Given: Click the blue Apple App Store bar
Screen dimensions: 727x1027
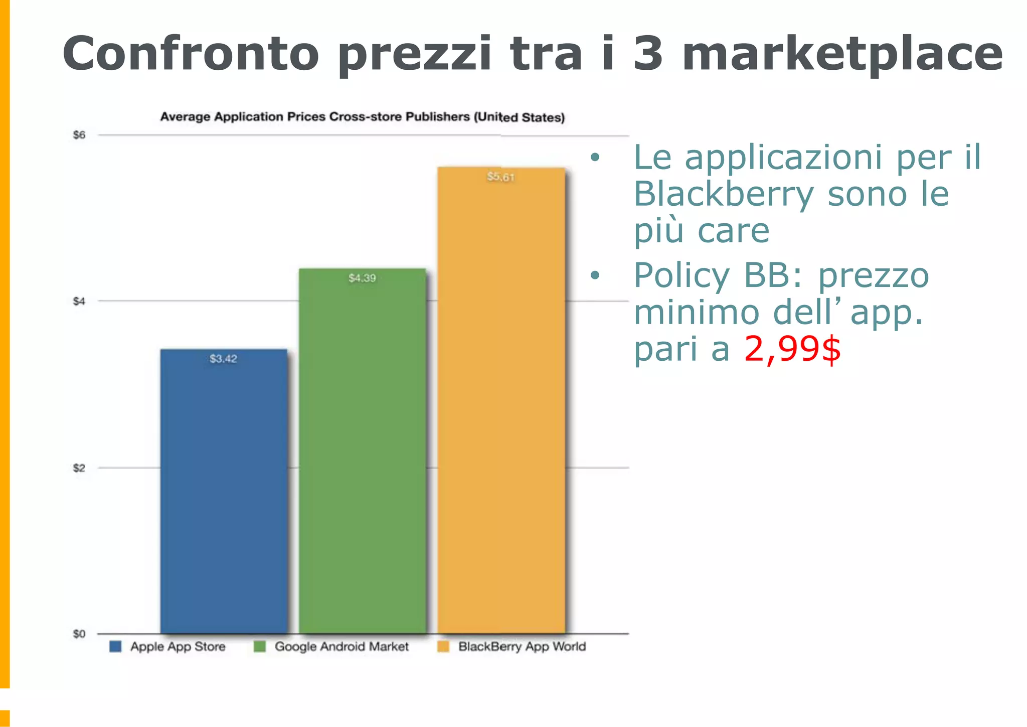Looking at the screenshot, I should click(x=224, y=492).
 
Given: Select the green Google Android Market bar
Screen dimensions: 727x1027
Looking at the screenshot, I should click(x=362, y=452).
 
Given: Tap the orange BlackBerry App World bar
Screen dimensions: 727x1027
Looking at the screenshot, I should click(x=501, y=401).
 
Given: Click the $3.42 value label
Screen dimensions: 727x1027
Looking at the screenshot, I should click(x=223, y=359).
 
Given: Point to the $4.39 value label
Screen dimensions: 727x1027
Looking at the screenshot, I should click(x=362, y=278).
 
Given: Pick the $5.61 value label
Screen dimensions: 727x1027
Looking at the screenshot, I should click(x=500, y=177).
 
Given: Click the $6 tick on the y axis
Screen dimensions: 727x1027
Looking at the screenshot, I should click(x=79, y=135).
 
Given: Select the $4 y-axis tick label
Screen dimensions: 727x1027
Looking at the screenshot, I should click(x=79, y=301).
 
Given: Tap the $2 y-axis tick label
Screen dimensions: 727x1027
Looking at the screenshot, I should click(x=79, y=468).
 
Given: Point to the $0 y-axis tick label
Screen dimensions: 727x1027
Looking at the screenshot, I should click(x=79, y=634).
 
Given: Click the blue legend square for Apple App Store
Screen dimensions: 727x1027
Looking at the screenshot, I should click(x=115, y=646).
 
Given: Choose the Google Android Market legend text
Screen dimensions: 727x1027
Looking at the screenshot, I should click(x=341, y=646).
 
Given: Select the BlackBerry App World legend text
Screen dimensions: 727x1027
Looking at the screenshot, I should click(x=522, y=646).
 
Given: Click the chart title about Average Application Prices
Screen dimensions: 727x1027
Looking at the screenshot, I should click(x=362, y=117).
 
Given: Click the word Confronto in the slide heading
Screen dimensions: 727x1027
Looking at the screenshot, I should click(x=191, y=54).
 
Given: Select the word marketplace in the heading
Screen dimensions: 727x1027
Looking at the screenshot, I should click(x=842, y=54).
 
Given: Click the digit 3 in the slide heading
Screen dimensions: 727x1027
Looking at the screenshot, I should click(x=648, y=54).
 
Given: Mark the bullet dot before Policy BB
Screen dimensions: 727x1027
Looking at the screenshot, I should click(x=595, y=275).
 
